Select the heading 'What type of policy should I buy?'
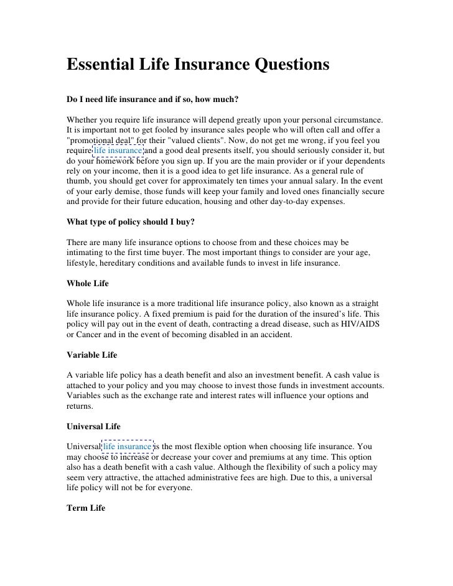(x=130, y=221)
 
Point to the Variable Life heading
(x=91, y=355)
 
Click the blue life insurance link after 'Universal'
(x=128, y=446)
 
